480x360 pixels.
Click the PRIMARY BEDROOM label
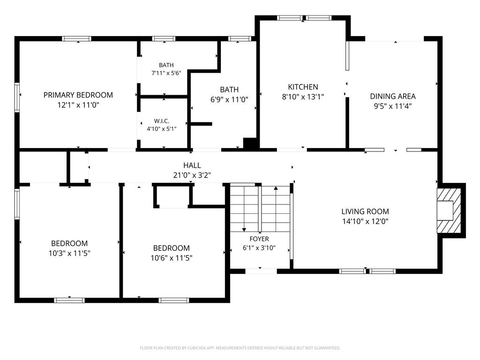coord(78,95)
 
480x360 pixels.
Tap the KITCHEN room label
coord(303,87)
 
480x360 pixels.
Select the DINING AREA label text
coord(393,96)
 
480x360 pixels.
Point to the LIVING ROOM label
coord(365,211)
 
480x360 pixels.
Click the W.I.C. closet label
coord(162,121)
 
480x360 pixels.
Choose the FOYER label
coord(259,239)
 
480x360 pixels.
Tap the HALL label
coord(192,165)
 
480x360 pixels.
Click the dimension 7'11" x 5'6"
coord(166,73)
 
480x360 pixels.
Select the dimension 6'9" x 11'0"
coord(229,99)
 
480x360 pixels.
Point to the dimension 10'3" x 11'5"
coord(69,253)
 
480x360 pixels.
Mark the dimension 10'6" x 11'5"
coord(172,258)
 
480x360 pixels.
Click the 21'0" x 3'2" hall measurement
coord(192,175)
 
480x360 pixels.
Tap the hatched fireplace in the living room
coord(449,211)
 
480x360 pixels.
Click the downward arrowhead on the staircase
coord(244,229)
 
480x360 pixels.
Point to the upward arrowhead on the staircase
coord(276,188)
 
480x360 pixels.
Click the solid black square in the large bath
coord(249,143)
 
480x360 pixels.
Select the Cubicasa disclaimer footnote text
coord(240,348)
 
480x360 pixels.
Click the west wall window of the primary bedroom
coord(17,97)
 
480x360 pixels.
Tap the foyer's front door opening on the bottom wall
coord(261,271)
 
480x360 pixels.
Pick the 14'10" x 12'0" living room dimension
coord(365,221)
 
